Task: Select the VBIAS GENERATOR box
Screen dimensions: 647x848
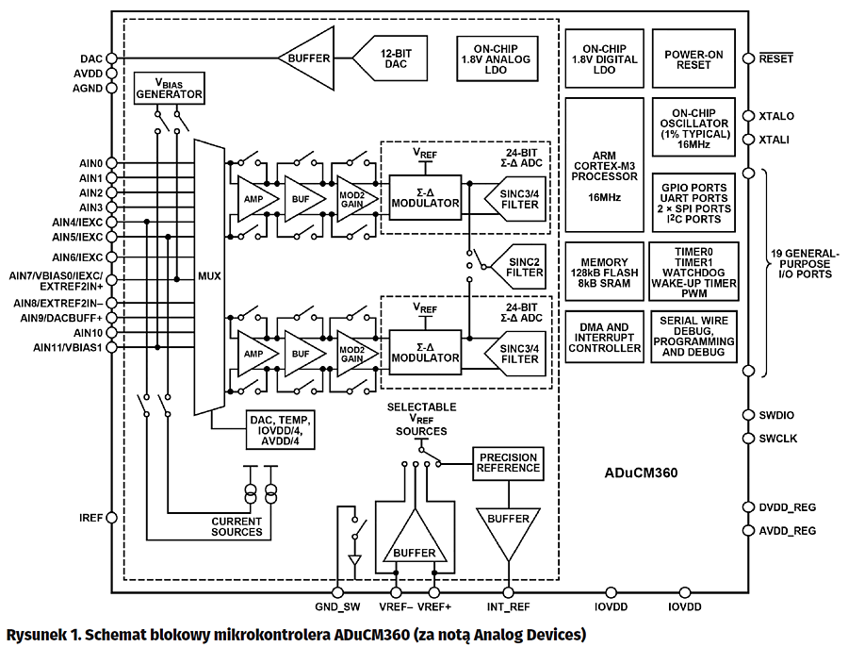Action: point(169,88)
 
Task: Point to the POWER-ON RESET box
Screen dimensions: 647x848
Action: point(693,59)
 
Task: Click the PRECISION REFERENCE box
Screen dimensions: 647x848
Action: point(507,462)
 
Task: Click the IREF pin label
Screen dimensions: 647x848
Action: point(90,517)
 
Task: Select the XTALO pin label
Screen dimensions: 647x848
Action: point(775,117)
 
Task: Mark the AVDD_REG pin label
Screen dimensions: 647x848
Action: point(787,531)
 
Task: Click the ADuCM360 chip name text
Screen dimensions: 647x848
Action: point(640,471)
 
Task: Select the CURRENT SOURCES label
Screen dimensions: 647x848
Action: point(236,526)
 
